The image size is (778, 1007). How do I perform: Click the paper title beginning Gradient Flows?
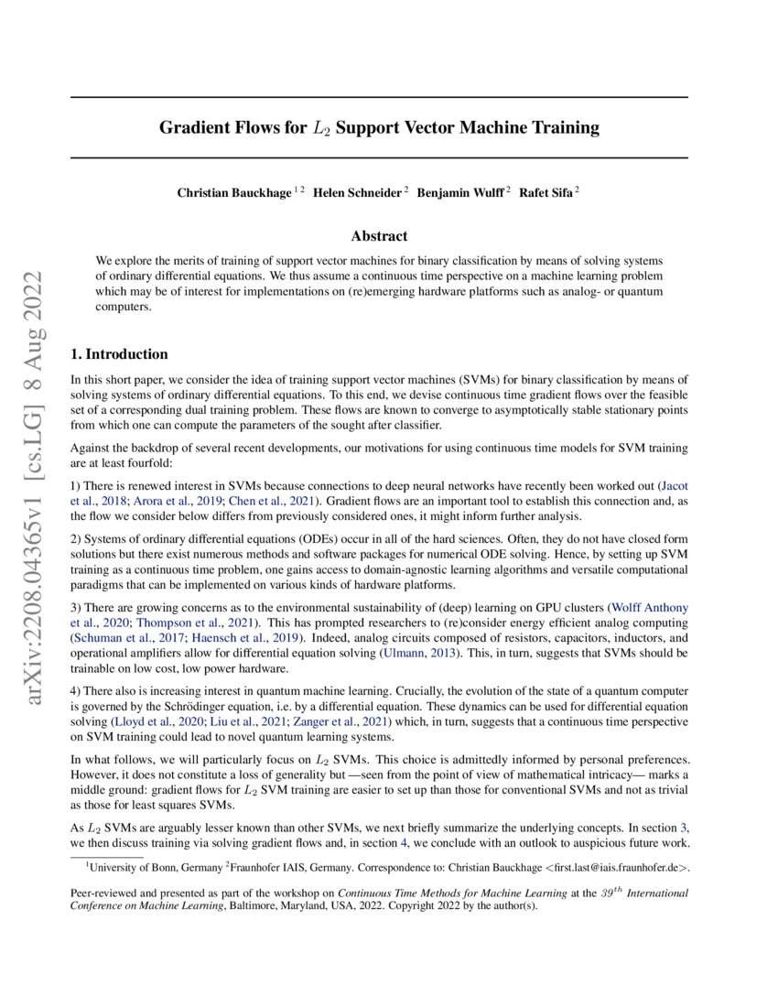pos(379,128)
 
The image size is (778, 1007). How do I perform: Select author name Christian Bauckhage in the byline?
pos(233,193)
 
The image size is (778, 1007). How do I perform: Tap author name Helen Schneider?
pos(357,193)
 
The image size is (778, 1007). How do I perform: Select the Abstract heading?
pos(379,236)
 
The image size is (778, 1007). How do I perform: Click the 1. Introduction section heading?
pos(119,354)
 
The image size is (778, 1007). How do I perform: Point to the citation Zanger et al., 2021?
pos(340,722)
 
